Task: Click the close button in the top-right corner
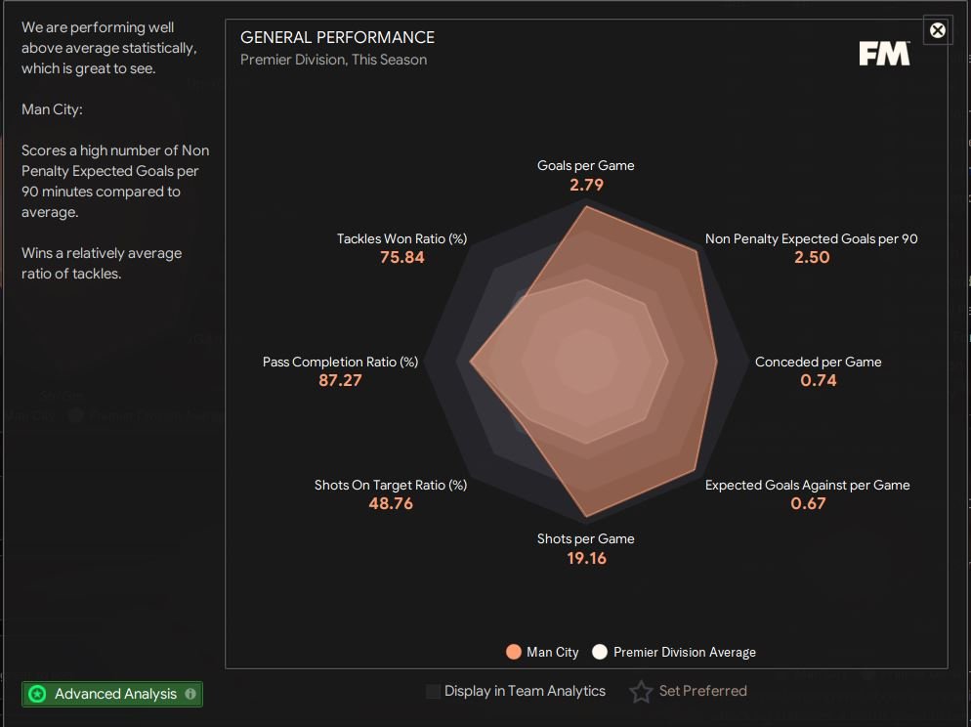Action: tap(937, 30)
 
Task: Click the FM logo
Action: tap(884, 54)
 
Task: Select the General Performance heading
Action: tap(337, 37)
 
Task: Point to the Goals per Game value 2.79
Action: tap(586, 184)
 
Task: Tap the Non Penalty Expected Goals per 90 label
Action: tap(811, 238)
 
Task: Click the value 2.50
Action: tap(812, 257)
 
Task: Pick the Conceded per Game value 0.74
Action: tap(818, 380)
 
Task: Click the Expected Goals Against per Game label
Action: tap(807, 485)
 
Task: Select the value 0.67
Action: tap(808, 503)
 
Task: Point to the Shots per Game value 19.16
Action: tap(586, 558)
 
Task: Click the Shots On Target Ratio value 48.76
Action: tap(391, 503)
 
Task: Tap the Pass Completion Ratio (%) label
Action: tap(340, 362)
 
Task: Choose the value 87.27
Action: tap(340, 380)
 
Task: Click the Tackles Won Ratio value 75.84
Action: tap(402, 257)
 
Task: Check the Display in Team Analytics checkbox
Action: tap(433, 692)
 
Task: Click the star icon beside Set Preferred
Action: tap(641, 692)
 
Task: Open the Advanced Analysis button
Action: tap(112, 694)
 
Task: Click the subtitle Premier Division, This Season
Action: tap(333, 60)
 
